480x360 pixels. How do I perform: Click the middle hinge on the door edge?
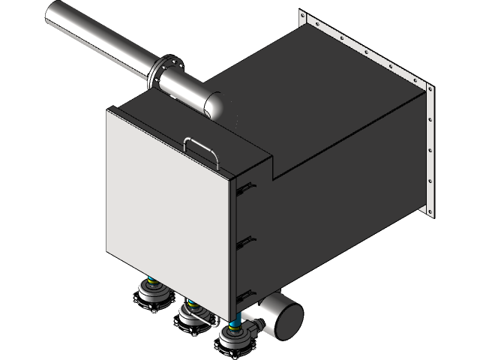pos(244,241)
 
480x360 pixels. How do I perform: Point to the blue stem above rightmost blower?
pos(236,324)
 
